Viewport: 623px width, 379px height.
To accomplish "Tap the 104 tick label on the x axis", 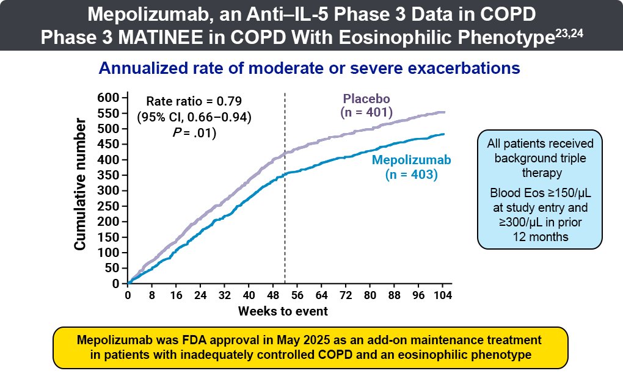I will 442,296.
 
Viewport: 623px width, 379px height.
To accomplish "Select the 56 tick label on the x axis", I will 297,296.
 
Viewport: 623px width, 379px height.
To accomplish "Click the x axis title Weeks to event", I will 283,311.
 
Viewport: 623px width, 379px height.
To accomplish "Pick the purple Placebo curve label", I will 366,98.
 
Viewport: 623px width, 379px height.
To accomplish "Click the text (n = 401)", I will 366,112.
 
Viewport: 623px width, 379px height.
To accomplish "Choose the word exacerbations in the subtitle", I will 464,68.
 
